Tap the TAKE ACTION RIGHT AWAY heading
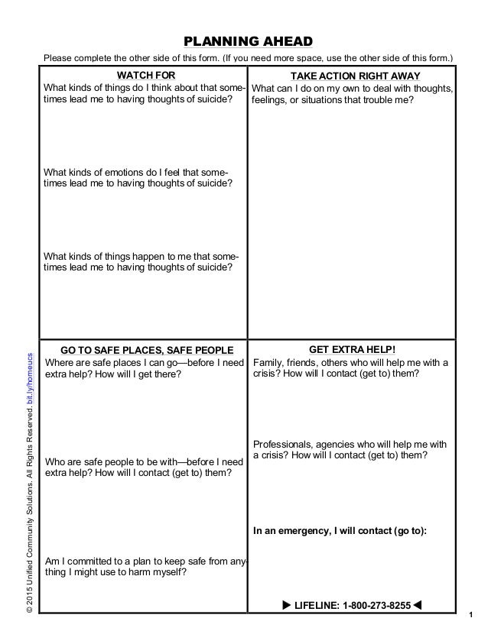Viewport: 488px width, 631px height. pyautogui.click(x=352, y=76)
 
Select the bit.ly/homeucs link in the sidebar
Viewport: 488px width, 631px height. pyautogui.click(x=30, y=382)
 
